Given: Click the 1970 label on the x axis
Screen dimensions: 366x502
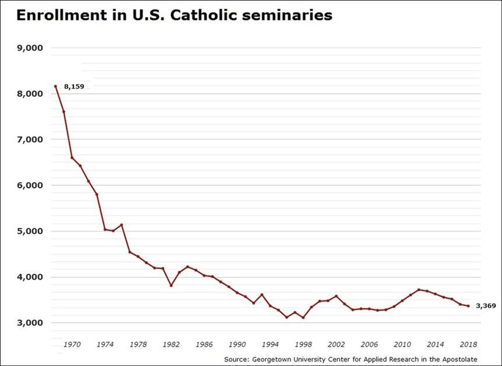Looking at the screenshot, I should (72, 345).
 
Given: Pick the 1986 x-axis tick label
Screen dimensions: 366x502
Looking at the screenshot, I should (204, 345).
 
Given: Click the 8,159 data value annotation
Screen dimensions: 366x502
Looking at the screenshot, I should (74, 86).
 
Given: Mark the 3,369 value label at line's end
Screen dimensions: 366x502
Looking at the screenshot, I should (486, 305).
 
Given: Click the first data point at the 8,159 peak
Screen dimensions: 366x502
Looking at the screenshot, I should (55, 86).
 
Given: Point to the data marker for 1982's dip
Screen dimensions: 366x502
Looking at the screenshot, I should (171, 286).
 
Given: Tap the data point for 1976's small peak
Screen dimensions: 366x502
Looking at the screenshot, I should (121, 225).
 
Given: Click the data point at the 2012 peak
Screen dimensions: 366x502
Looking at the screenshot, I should (419, 290).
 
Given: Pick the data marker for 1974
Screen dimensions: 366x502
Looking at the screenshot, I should (105, 230).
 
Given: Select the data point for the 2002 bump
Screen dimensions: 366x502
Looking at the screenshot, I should (336, 296).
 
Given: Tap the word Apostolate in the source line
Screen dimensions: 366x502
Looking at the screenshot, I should (458, 359).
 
